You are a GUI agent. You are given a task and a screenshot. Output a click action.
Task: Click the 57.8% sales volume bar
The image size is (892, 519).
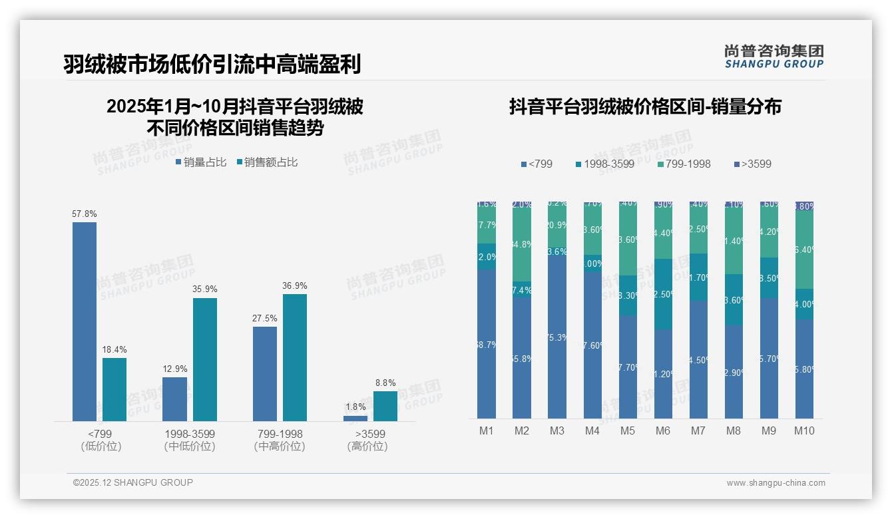coord(85,321)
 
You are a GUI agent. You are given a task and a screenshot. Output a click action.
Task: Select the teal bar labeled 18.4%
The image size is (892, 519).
coord(114,389)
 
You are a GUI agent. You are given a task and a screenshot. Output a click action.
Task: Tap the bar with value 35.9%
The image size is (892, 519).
coord(205,359)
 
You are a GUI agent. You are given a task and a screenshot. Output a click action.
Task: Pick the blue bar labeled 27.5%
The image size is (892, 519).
coord(265,373)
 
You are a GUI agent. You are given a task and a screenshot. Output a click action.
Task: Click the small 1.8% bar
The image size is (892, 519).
coord(355,419)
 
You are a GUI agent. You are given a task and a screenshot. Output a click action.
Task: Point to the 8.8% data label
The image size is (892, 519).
coord(385,383)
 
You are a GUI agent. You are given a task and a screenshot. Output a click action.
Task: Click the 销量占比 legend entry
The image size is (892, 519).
coord(200,162)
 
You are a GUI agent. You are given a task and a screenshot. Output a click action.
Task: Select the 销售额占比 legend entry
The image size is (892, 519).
coord(267,162)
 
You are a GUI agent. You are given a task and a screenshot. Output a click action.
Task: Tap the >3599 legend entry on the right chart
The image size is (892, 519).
coord(752,164)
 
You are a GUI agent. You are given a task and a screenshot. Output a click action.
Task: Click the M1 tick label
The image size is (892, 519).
coord(487,431)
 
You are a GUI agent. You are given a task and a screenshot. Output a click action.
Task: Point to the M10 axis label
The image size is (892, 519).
coord(804,431)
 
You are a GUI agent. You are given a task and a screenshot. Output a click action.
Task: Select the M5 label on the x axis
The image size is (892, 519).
coord(628,431)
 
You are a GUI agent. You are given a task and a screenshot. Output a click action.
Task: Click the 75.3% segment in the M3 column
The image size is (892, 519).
coord(557,337)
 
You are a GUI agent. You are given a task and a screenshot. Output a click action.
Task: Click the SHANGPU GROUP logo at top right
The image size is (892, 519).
coord(774,57)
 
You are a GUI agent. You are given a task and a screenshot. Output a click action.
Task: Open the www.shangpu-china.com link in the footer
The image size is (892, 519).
coord(776,483)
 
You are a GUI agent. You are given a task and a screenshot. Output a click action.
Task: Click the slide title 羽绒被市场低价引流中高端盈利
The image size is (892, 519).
coord(212,65)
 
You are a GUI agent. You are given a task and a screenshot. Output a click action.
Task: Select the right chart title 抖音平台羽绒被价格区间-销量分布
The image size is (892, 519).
coord(645,107)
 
